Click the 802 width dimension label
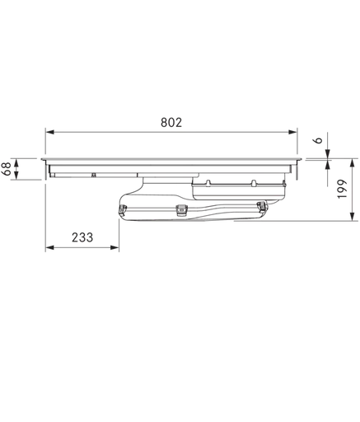[x=171, y=123]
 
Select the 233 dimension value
[x=82, y=237]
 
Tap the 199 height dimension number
[x=343, y=189]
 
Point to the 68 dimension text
[x=7, y=169]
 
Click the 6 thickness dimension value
[x=318, y=140]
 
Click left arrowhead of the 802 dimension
[x=49, y=132]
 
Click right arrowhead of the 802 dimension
[x=293, y=132]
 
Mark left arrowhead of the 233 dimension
[x=49, y=248]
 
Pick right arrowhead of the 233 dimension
[x=115, y=248]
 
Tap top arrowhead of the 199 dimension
[x=352, y=162]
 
